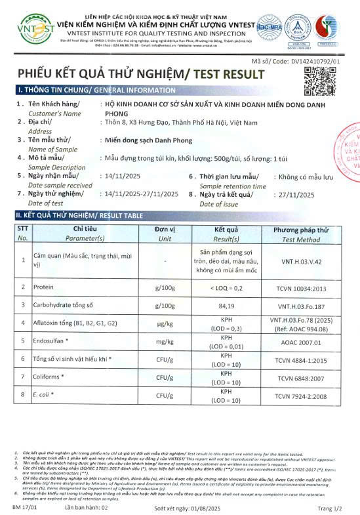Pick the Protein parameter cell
pos(46,287)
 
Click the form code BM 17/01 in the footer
pos(24,508)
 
